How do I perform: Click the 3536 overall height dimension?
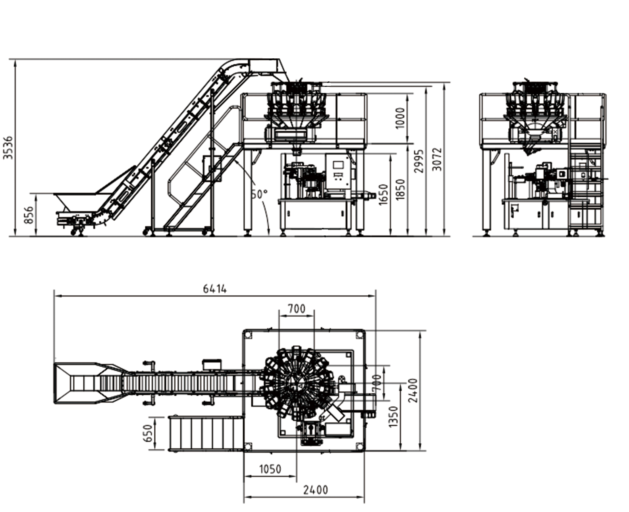[x=8, y=148]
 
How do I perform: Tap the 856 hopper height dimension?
[x=29, y=215]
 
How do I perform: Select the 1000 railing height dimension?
[x=400, y=118]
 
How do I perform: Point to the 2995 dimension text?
[x=419, y=161]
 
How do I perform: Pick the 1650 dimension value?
[x=383, y=194]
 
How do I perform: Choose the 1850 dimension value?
[x=400, y=190]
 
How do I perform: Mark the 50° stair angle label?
[x=259, y=194]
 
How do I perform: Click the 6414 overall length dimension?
[x=215, y=289]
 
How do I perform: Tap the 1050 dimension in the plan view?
[x=270, y=469]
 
